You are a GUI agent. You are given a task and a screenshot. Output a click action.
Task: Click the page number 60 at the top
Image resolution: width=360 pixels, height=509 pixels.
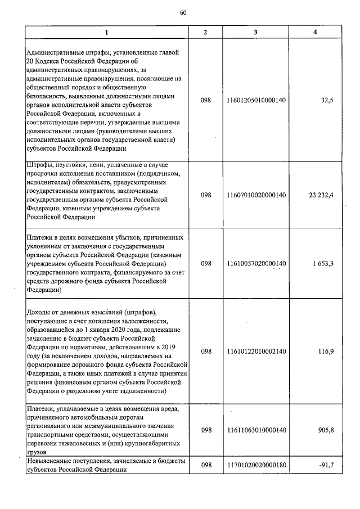tap(183, 13)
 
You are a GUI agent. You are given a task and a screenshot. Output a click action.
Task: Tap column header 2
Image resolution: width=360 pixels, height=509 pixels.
tap(205, 33)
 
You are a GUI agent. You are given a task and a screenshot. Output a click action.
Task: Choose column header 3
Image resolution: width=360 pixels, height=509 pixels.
tap(255, 33)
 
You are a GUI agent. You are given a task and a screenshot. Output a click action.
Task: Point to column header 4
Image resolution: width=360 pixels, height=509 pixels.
tap(314, 33)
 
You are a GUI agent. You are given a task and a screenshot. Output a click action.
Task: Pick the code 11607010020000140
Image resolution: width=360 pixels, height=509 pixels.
tap(255, 195)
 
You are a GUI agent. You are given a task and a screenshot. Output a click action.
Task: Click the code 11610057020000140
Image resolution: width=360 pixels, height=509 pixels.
tap(255, 263)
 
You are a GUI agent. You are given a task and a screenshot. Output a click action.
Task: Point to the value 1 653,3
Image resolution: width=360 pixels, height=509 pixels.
tap(322, 263)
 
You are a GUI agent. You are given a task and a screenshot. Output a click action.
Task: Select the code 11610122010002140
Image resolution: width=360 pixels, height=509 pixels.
tap(255, 352)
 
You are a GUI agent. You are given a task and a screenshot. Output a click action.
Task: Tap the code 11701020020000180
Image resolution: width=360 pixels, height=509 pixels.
tap(255, 466)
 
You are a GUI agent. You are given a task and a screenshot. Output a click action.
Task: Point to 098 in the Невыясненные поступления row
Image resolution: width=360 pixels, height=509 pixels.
tap(205, 466)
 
